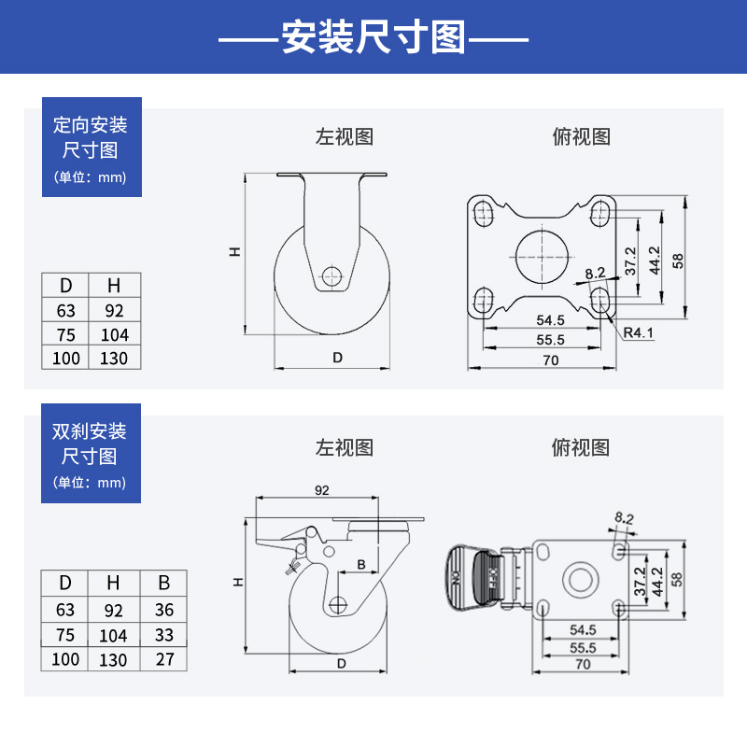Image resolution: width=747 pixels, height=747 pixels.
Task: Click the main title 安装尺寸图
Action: (373, 38)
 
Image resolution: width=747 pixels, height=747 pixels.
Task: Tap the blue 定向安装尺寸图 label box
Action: (91, 147)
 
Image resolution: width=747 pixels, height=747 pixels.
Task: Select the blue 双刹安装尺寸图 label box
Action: (91, 454)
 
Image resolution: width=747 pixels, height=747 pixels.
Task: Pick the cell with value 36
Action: (163, 610)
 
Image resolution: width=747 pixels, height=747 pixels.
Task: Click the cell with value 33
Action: (163, 635)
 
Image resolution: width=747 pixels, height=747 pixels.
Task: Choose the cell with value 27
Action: (163, 659)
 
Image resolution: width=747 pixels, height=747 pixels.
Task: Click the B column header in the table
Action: (163, 584)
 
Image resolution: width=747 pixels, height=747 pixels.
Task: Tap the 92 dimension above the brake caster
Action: (322, 489)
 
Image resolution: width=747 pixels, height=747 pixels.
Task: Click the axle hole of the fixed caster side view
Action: (331, 275)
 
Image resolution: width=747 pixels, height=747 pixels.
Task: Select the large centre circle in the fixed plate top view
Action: (541, 253)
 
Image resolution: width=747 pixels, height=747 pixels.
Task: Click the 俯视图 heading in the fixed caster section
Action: (581, 137)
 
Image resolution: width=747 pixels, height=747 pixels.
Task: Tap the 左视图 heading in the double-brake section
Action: (344, 447)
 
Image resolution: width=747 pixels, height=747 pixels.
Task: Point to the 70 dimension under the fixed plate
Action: (550, 359)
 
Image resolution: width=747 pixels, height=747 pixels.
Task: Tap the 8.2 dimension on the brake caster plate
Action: (624, 517)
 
